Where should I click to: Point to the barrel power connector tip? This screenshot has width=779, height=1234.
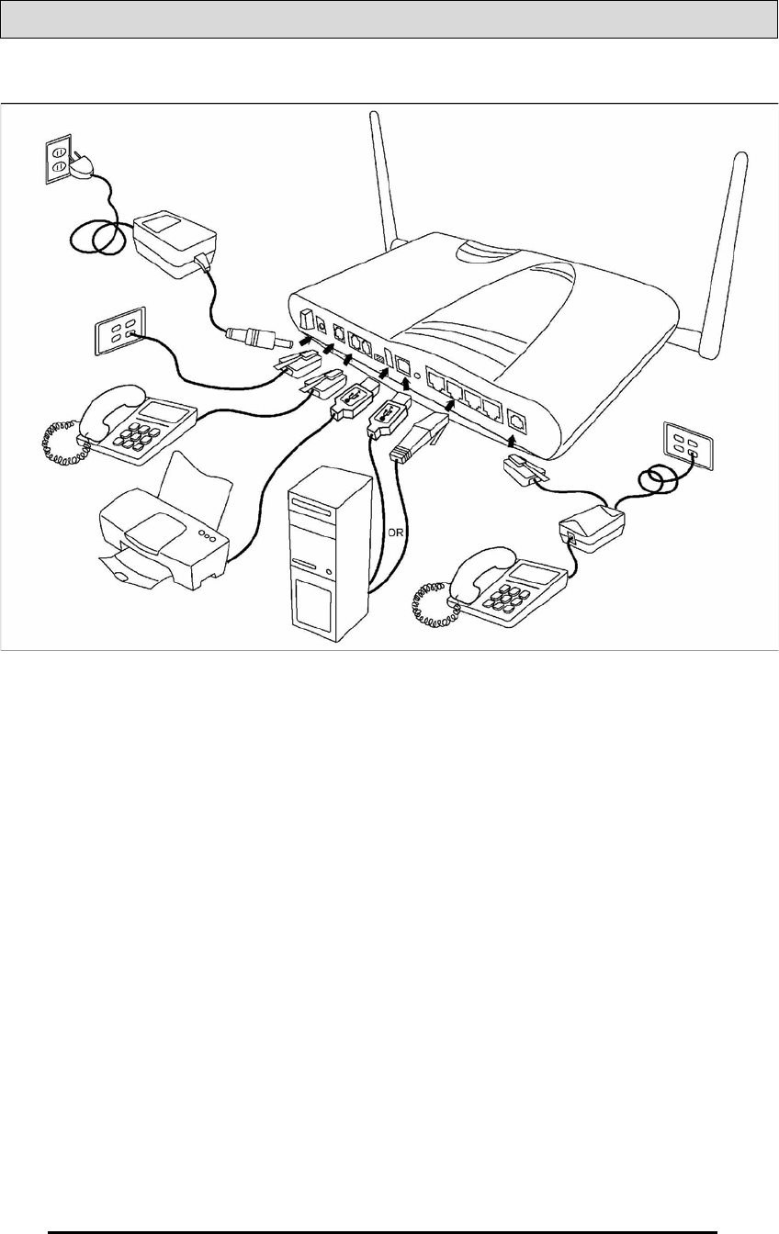coord(254,337)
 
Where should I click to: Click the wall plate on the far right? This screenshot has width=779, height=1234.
coord(691,444)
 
